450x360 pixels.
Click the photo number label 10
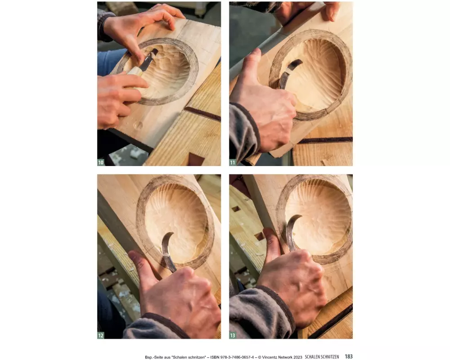[x=101, y=162]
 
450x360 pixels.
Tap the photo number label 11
[x=233, y=162]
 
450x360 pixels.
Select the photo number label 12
[x=101, y=335]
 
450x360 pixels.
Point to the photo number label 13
[x=233, y=335]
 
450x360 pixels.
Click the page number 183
[x=349, y=356]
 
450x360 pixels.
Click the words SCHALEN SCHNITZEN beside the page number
[x=322, y=357]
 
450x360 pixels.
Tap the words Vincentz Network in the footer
[x=278, y=357]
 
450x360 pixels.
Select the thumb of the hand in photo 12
[x=142, y=265]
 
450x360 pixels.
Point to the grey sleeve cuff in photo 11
[x=244, y=132]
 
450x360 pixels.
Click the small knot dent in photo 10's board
[x=138, y=125]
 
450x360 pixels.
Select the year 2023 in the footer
[x=298, y=357]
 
